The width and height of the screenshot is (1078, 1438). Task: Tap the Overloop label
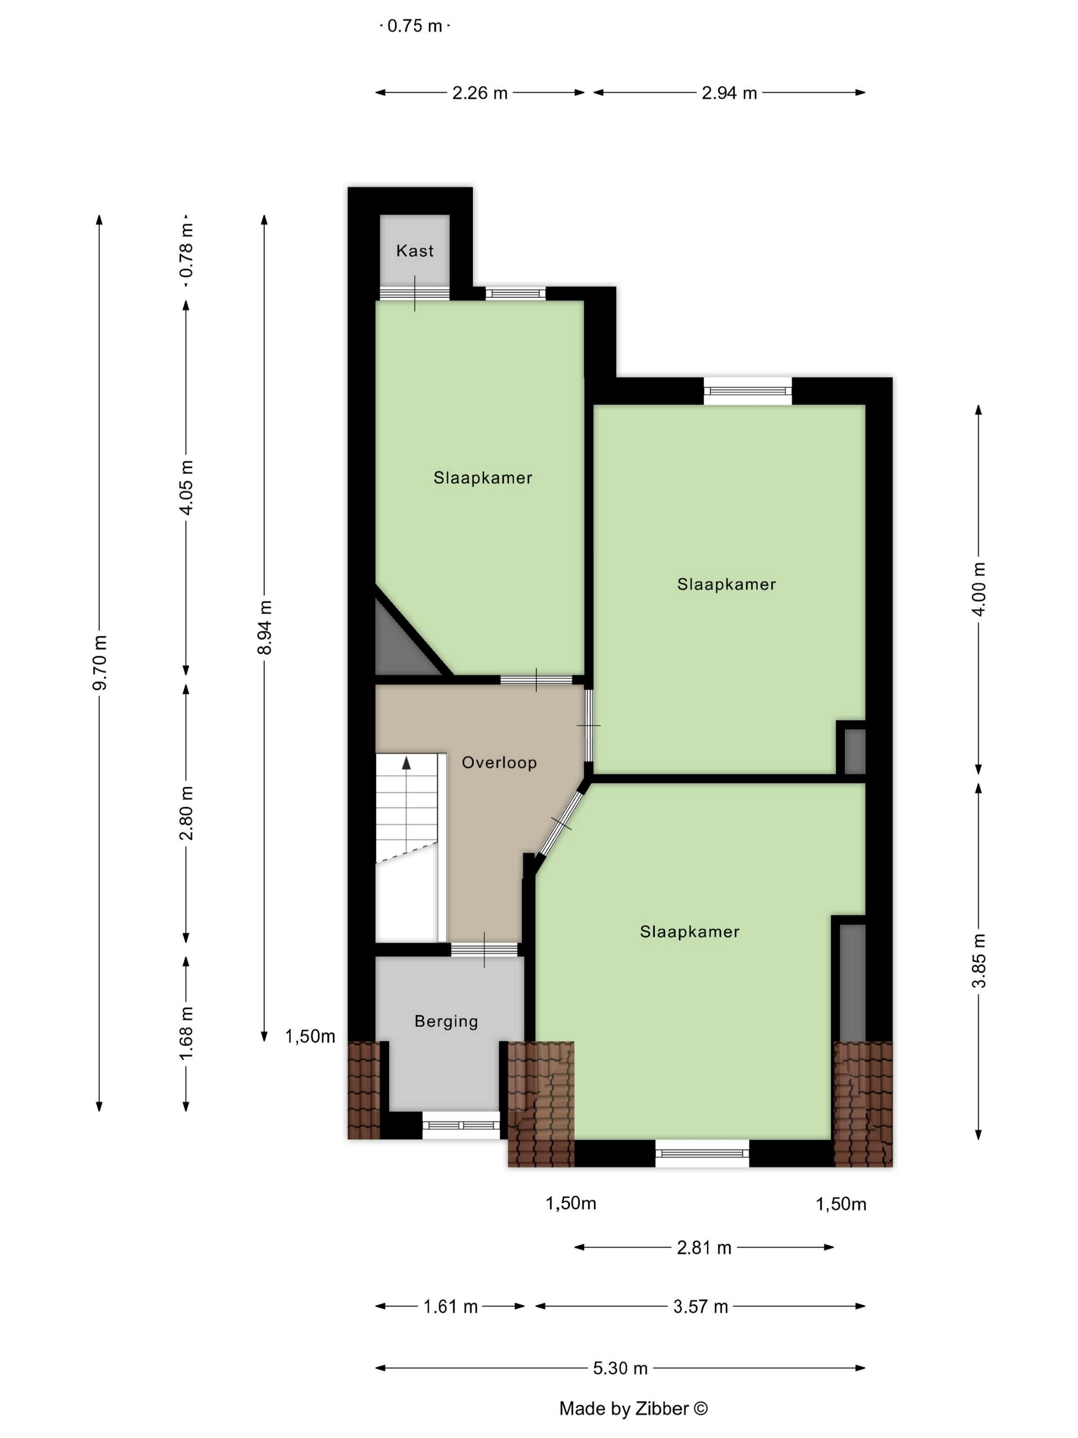[x=499, y=763]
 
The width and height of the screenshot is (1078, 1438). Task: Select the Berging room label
[x=447, y=1021]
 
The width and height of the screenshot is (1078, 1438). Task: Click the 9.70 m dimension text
[x=100, y=663]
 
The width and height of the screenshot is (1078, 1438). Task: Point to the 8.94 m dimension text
[x=264, y=628]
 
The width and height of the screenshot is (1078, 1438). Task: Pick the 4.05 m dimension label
[x=186, y=487]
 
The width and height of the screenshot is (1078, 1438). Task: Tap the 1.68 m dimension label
[x=186, y=1033]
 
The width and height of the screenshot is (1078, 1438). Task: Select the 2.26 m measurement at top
[x=479, y=93]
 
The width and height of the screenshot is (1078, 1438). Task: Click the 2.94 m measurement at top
[x=729, y=93]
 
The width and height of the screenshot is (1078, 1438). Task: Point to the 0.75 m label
[x=415, y=26]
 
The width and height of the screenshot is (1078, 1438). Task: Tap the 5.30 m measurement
[x=620, y=1369]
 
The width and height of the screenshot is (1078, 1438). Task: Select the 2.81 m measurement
[x=704, y=1247]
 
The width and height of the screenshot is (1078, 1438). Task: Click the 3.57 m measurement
[x=701, y=1307]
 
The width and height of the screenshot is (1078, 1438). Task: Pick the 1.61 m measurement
[x=450, y=1307]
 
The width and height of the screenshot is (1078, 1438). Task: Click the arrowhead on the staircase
[x=407, y=763]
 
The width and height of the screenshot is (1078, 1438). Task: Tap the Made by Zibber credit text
[x=633, y=1409]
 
